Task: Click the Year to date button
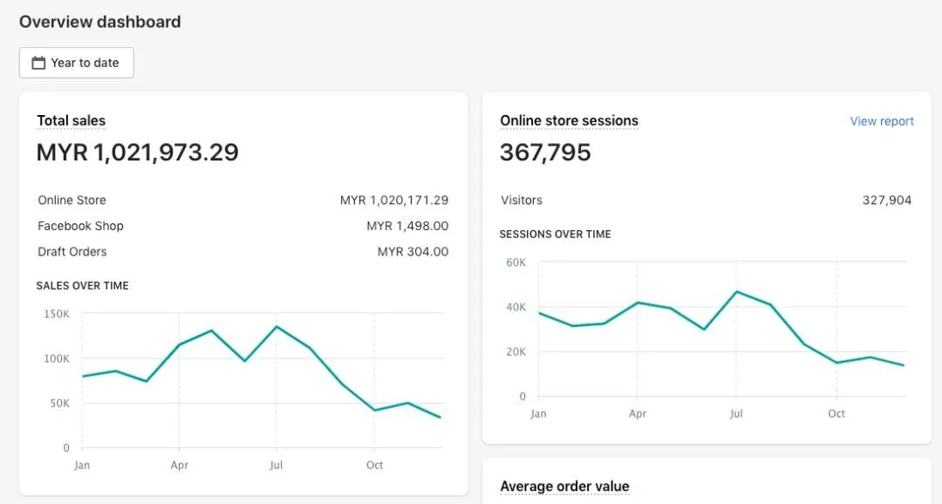(x=77, y=63)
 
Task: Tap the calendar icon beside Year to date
(x=38, y=63)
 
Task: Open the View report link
(x=882, y=121)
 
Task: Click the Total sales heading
(x=71, y=121)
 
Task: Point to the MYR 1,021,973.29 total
(x=137, y=153)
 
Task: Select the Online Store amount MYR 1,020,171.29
(x=394, y=201)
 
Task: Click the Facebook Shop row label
(x=80, y=226)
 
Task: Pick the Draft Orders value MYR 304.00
(x=413, y=252)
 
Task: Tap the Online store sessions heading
(x=569, y=121)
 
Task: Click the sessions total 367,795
(x=545, y=153)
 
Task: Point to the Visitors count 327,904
(x=887, y=201)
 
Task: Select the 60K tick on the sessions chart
(x=516, y=262)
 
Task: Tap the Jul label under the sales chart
(x=276, y=466)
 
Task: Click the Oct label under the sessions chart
(x=836, y=414)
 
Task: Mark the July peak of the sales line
(x=276, y=327)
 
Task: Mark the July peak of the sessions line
(x=737, y=291)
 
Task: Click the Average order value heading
(x=564, y=487)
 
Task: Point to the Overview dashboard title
(x=99, y=22)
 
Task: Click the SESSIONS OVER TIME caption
(x=555, y=235)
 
